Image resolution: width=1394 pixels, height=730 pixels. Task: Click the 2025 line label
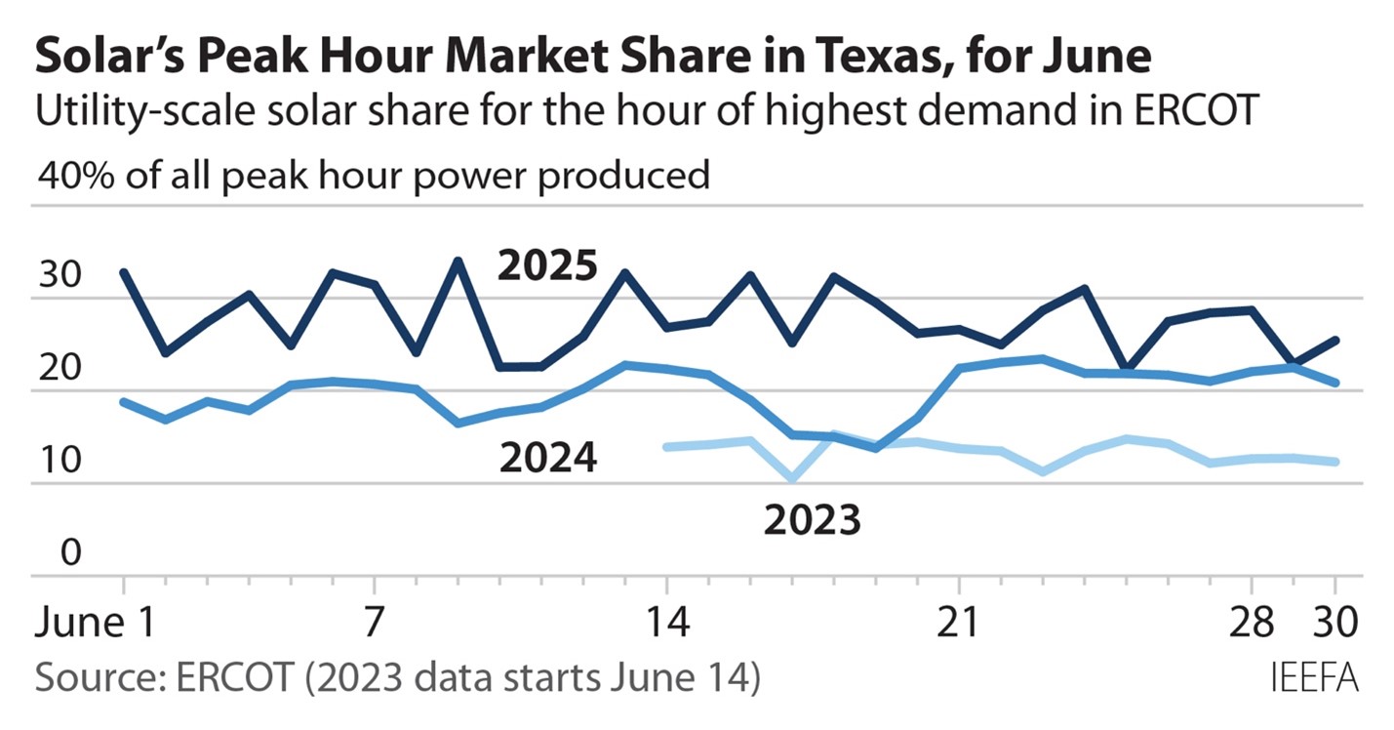click(546, 265)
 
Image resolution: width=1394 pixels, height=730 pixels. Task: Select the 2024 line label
click(547, 457)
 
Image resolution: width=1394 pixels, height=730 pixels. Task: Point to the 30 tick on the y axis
click(58, 276)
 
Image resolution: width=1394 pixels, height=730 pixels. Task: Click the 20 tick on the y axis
click(58, 370)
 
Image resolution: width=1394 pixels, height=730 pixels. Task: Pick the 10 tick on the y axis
click(57, 462)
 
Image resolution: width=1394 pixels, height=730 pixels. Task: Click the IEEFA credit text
click(1315, 676)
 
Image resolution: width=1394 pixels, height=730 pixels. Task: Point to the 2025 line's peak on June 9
click(458, 261)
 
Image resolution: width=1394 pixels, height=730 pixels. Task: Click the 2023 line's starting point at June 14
click(666, 447)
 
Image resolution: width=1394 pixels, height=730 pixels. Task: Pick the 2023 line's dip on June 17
click(792, 479)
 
